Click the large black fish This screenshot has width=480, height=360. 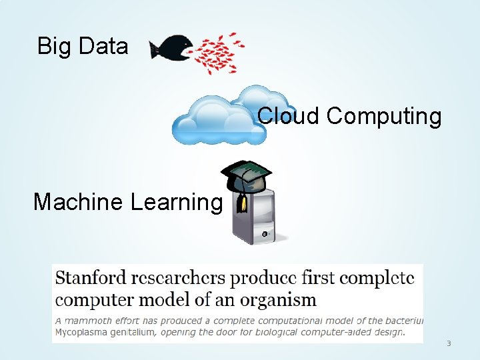[x=168, y=47]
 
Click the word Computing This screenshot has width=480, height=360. [x=384, y=117]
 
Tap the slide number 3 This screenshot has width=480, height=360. [x=449, y=343]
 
